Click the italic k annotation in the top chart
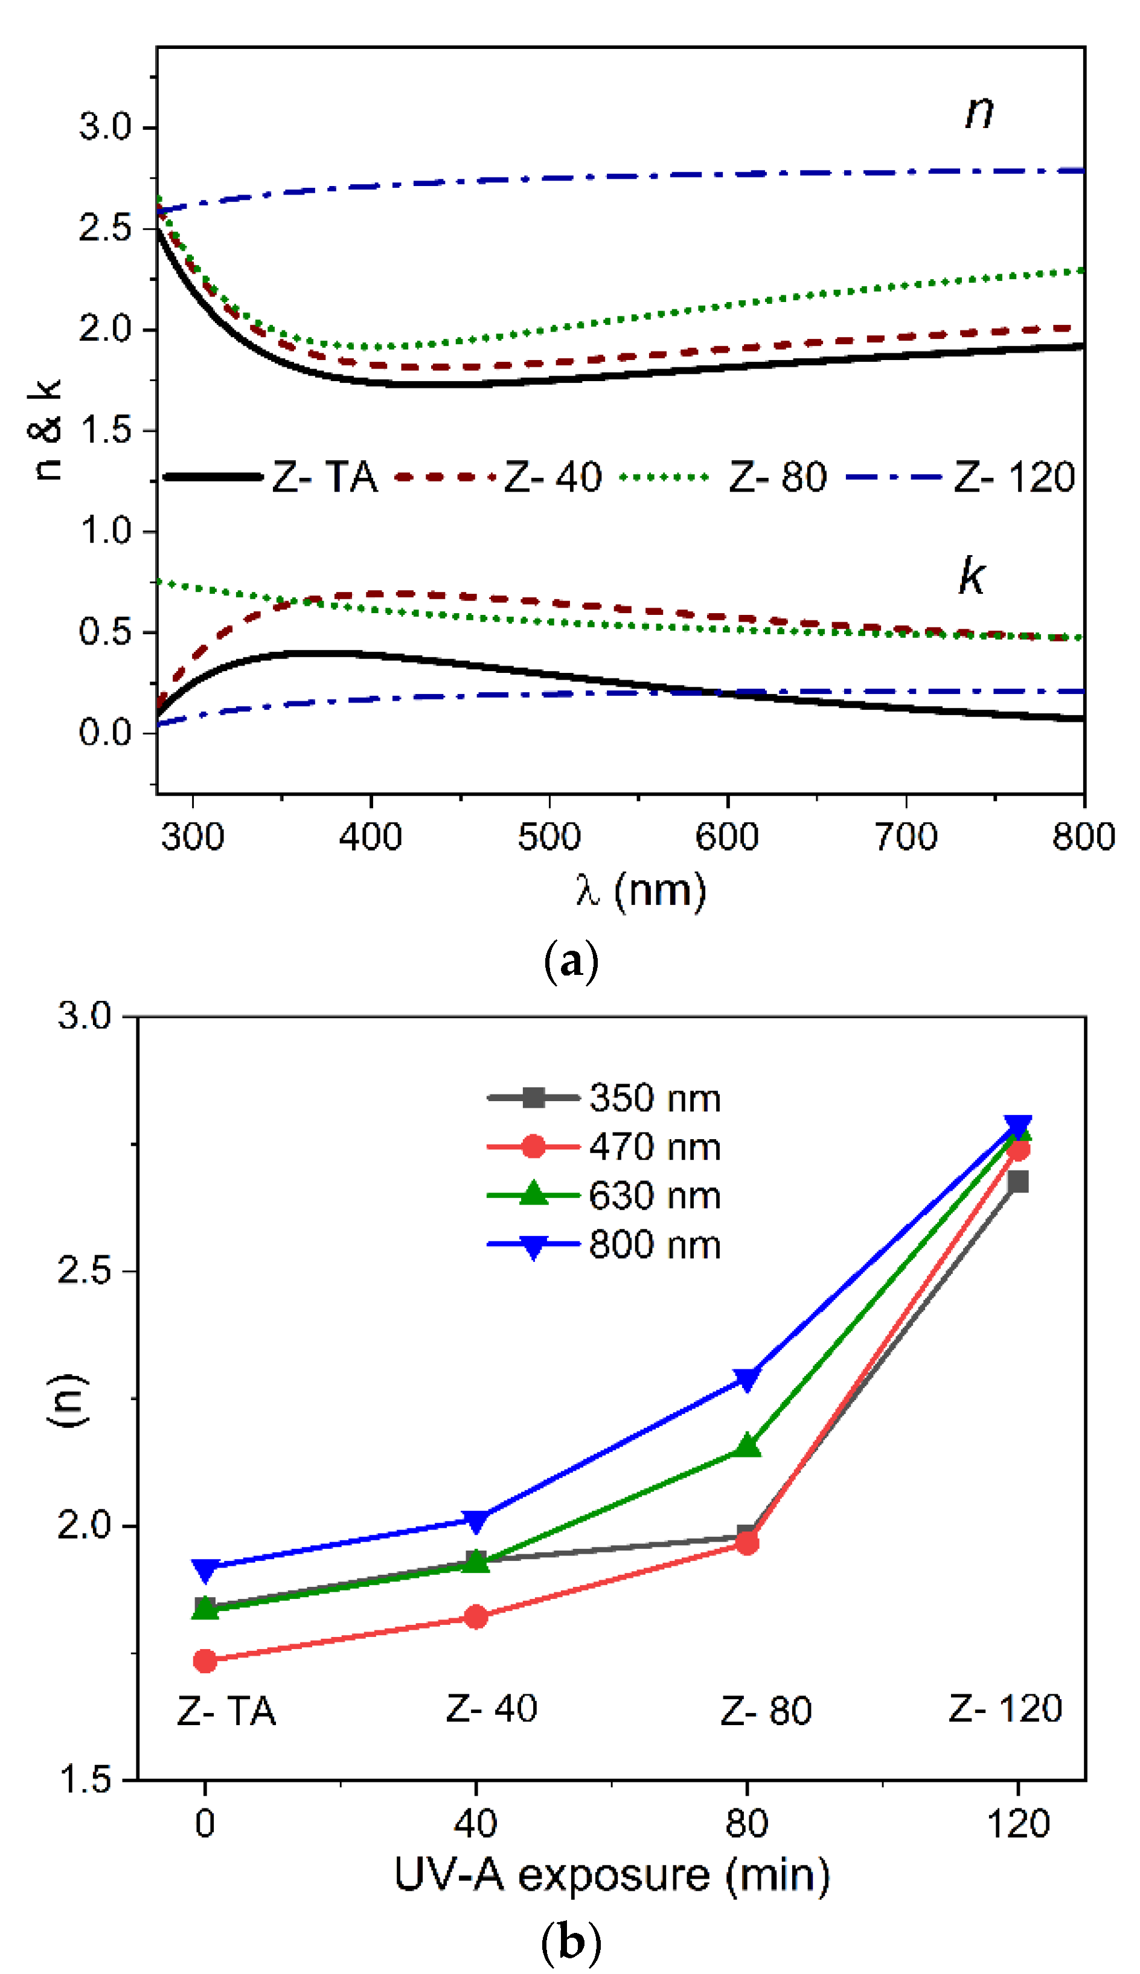pyautogui.click(x=972, y=576)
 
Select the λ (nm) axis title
pyautogui.click(x=641, y=890)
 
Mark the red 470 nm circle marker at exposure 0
pyautogui.click(x=205, y=1661)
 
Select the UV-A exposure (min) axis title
pyautogui.click(x=612, y=1876)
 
